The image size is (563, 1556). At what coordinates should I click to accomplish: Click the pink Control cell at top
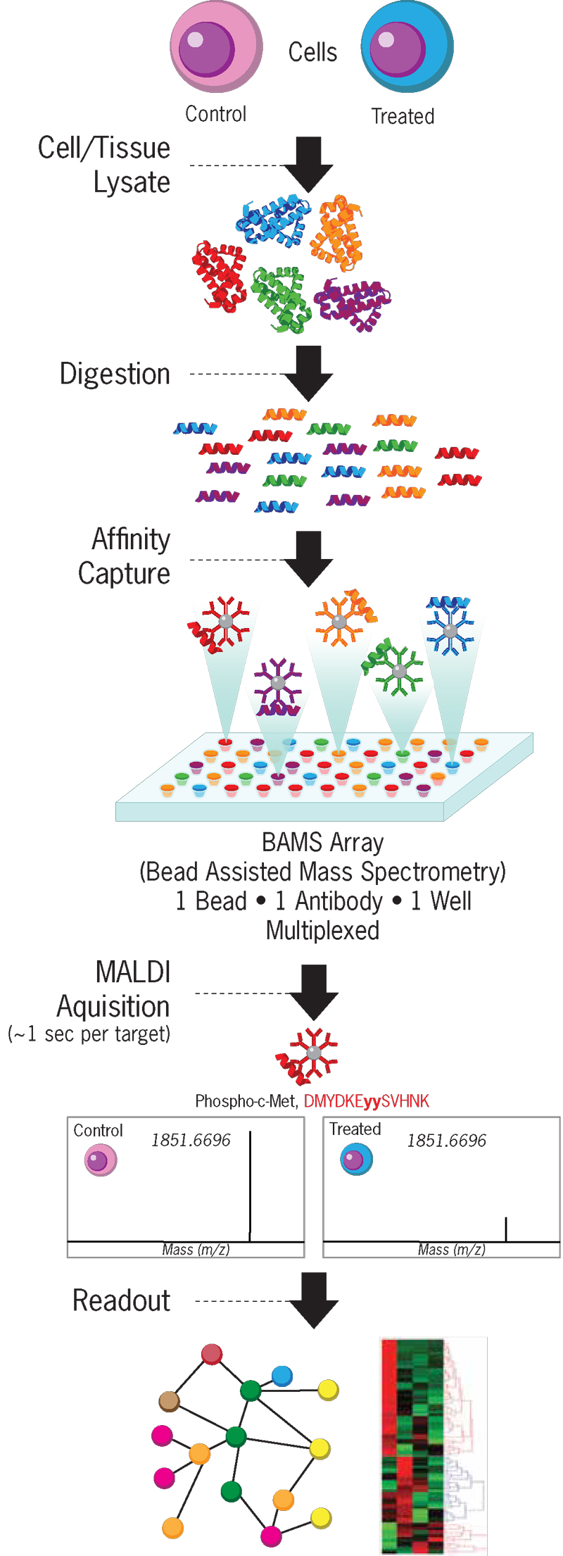point(216,47)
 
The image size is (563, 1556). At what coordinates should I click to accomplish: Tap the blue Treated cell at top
point(407,47)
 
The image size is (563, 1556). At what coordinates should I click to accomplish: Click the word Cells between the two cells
point(312,52)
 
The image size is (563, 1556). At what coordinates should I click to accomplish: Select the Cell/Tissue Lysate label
point(106,165)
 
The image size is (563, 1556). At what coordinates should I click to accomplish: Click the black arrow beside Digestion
point(308,372)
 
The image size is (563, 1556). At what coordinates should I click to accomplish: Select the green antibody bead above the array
point(398,669)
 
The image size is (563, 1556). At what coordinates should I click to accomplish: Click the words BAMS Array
point(322,842)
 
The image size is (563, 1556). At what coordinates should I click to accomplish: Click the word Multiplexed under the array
point(322,931)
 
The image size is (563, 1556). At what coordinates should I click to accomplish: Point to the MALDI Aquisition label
point(116,989)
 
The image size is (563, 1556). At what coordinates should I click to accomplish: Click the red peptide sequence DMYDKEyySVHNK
point(366,1101)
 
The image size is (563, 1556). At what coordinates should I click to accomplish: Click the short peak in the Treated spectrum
point(506,1229)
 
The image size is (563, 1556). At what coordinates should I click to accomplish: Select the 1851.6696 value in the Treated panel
point(446,1141)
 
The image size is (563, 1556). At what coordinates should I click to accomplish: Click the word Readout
point(121,1300)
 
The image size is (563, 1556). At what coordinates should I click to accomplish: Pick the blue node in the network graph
point(281,1375)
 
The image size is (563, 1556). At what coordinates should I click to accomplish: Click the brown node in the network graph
point(169,1401)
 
